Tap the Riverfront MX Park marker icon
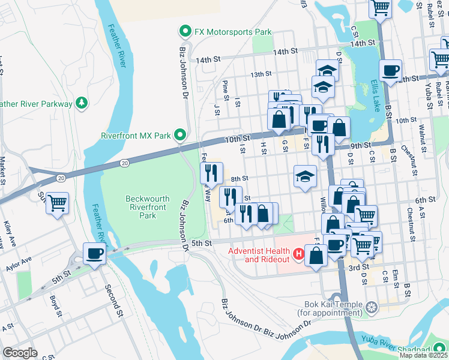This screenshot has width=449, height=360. point(179,134)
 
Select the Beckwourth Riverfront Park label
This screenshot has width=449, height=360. point(148,206)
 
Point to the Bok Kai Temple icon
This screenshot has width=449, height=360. point(372,308)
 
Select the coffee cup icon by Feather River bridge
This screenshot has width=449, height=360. point(94,253)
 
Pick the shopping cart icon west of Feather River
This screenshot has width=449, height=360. point(57,203)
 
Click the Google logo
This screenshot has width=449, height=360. point(20,353)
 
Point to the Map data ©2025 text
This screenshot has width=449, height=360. point(424,355)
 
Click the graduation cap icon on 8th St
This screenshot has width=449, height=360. point(305,176)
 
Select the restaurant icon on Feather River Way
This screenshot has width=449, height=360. point(210,173)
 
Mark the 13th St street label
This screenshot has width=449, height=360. point(261,74)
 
